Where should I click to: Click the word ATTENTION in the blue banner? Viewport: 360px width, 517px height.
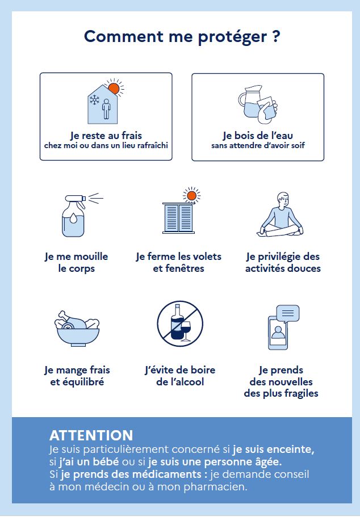click(91, 435)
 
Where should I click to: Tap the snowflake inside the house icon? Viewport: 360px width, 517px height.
click(95, 100)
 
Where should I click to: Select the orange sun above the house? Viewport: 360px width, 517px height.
click(114, 88)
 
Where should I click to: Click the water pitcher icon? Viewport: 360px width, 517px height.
click(250, 101)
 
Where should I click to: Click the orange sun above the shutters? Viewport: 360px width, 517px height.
click(192, 196)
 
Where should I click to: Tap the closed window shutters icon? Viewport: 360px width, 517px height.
click(178, 218)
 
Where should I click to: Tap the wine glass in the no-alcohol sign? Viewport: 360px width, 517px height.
click(186, 331)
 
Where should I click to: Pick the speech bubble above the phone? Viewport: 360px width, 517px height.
click(288, 313)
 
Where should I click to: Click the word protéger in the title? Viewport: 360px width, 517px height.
click(232, 36)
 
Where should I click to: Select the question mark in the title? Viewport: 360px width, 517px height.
click(277, 36)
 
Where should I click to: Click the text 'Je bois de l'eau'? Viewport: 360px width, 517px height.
click(258, 135)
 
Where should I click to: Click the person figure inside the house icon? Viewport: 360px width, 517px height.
click(106, 109)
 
